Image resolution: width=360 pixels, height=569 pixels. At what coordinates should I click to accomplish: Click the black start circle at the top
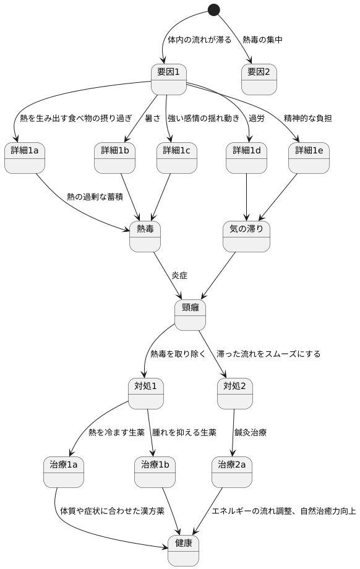(214, 10)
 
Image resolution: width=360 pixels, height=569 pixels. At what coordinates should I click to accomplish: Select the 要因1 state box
(169, 79)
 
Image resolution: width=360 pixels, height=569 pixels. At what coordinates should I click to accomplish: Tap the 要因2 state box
(259, 79)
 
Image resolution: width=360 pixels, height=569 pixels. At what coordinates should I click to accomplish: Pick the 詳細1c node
(177, 158)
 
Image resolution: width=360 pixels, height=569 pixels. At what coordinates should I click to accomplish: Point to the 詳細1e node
(308, 158)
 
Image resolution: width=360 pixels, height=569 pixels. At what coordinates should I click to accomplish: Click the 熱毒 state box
(145, 236)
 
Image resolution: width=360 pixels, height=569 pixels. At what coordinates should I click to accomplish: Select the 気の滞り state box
(246, 236)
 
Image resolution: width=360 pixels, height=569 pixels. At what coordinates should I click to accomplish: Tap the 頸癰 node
(190, 315)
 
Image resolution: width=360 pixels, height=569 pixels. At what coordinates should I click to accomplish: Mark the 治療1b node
(155, 472)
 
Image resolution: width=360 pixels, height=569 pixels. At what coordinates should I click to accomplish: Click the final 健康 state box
(183, 550)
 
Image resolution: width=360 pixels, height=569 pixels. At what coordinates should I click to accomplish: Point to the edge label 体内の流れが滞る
(200, 40)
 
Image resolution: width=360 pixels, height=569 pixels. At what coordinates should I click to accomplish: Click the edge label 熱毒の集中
(262, 40)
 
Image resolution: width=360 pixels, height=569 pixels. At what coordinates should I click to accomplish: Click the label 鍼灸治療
(251, 433)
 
